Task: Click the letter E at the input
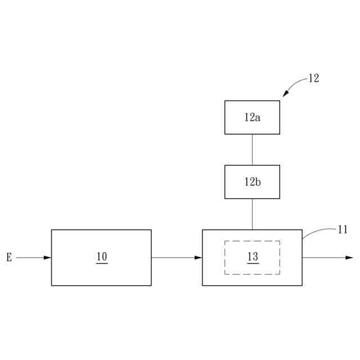coord(9,258)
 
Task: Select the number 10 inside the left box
coord(101,256)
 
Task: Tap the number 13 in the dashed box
coord(253,256)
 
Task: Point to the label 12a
coord(252,118)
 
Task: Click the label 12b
coord(252,182)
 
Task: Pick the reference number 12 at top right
coord(313,79)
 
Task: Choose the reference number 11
coord(343,229)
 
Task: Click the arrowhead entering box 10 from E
coord(48,258)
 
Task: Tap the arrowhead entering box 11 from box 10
coord(199,258)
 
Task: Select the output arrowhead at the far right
coord(349,258)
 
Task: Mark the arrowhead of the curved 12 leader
coord(285,94)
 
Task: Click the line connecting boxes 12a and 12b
coord(252,150)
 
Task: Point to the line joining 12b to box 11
coord(252,214)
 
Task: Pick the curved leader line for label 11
coord(318,230)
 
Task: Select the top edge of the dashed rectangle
coord(253,241)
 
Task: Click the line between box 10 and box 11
coord(174,258)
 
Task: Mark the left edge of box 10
coord(52,270)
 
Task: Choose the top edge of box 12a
coord(252,101)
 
